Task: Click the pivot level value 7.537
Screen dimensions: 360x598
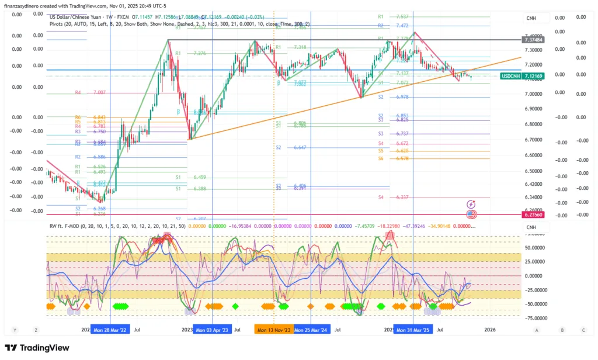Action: [402, 17]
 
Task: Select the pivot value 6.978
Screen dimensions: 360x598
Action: [402, 97]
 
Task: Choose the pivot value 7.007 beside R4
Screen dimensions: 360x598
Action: [99, 93]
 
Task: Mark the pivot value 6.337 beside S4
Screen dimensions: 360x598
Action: [402, 198]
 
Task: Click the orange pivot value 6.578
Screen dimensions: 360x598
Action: [402, 159]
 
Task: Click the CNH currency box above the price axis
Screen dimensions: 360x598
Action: [531, 19]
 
